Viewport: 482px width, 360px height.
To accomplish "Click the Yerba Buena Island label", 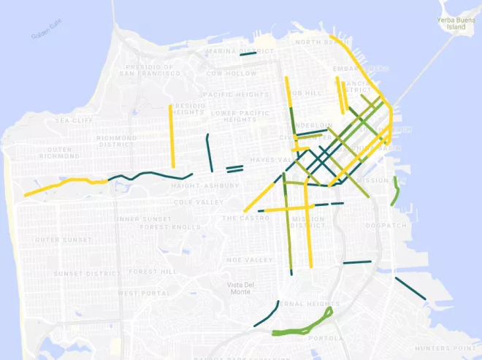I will tap(451, 23).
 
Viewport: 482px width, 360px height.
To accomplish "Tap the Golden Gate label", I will tap(49, 31).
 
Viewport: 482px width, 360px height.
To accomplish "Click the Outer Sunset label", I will tap(63, 240).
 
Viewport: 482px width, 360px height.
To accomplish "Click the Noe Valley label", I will tap(248, 260).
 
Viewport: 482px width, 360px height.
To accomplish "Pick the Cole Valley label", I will tap(194, 202).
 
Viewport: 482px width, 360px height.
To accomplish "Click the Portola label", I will tap(325, 338).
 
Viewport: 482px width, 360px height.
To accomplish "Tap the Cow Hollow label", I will tap(232, 73).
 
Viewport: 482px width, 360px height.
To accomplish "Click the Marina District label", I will tap(239, 51).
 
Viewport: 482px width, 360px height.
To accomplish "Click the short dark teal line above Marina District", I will tap(248, 53).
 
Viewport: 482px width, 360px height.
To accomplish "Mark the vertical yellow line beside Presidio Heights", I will tap(172, 136).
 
